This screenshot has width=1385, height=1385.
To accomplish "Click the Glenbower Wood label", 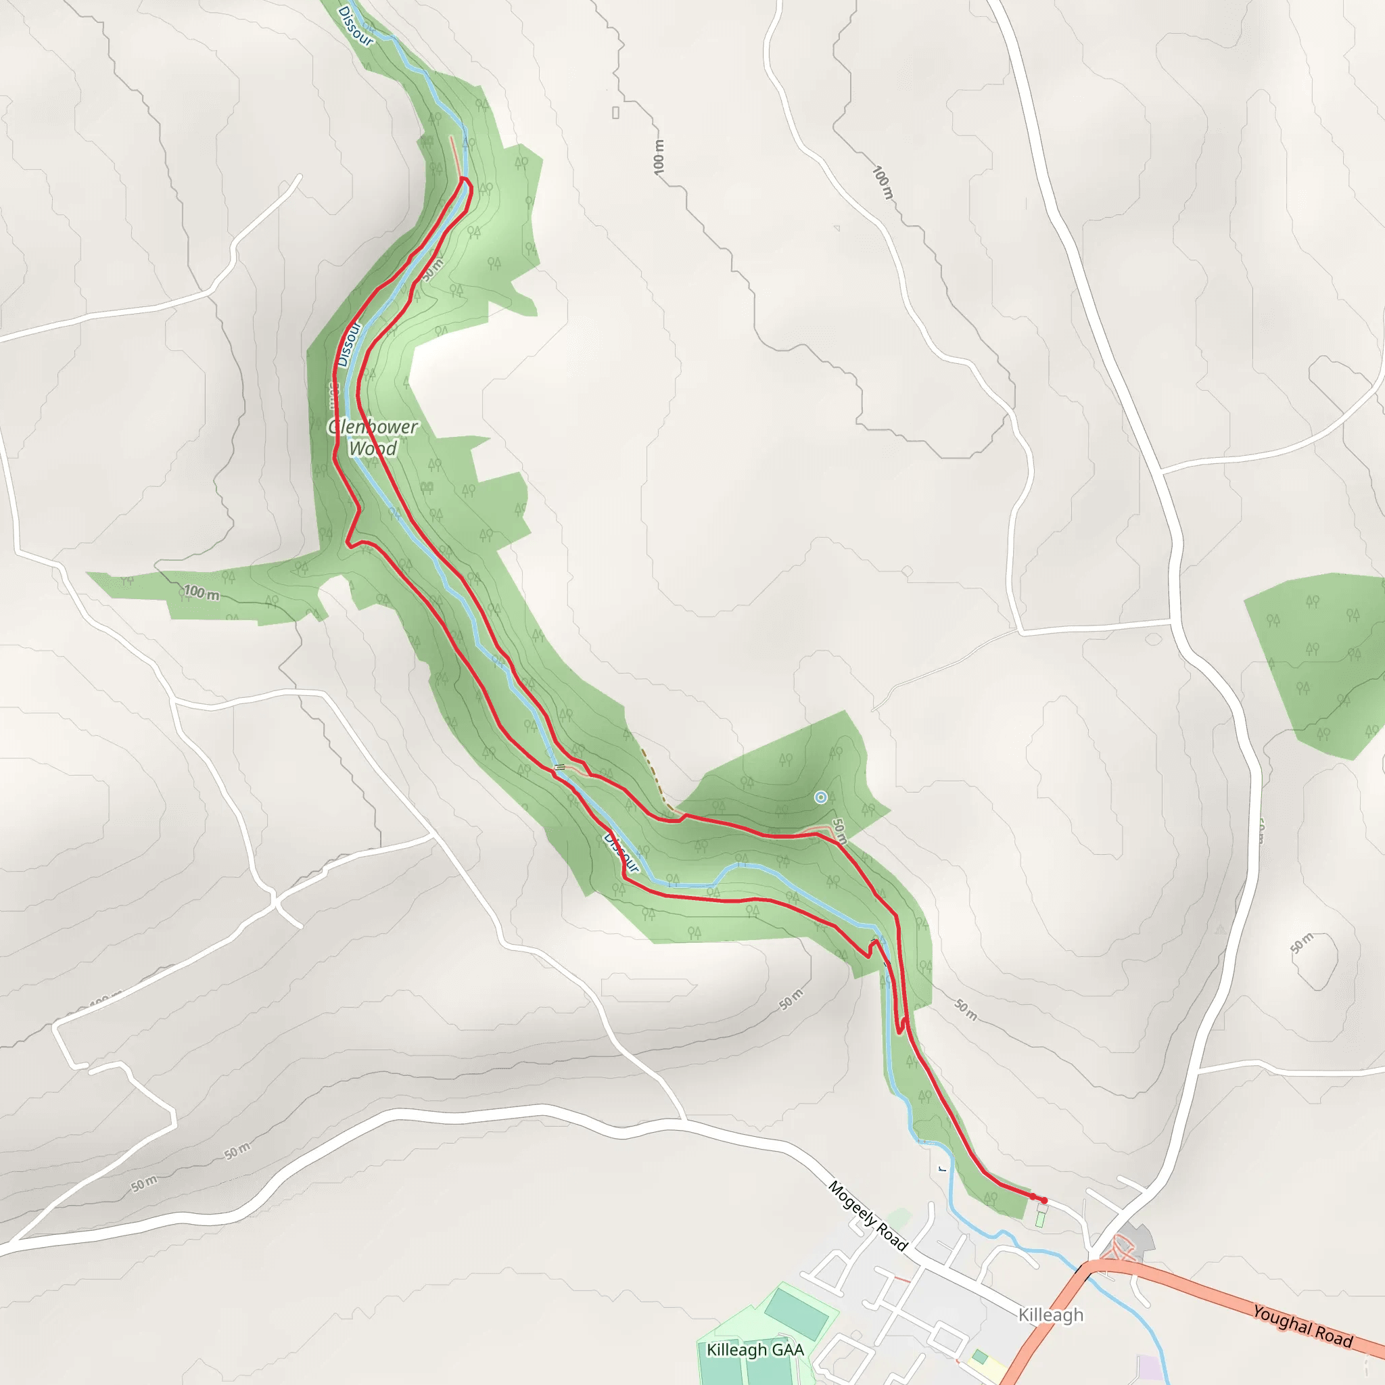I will (x=372, y=438).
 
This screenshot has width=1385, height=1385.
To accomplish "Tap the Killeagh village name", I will (x=1051, y=1315).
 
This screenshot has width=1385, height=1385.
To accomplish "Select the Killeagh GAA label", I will (x=755, y=1350).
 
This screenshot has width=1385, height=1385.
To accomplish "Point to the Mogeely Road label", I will (x=868, y=1217).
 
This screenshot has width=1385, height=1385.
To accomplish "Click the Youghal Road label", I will (x=1302, y=1325).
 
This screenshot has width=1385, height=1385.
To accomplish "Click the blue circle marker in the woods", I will (x=821, y=797).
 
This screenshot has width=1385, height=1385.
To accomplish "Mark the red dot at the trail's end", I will (x=1043, y=1200).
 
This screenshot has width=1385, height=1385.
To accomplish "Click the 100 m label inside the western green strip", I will (x=202, y=593).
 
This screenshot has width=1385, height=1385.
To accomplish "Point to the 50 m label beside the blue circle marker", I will (x=840, y=830).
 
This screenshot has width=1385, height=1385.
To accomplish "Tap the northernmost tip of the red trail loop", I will (x=465, y=179).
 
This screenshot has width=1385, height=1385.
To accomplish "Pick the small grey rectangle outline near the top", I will (x=616, y=112).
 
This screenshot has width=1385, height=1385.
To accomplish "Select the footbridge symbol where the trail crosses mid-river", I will (x=560, y=768).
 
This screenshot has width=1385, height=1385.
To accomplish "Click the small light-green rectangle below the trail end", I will (x=1040, y=1219).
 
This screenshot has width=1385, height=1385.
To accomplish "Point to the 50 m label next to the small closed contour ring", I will (x=1302, y=943).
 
